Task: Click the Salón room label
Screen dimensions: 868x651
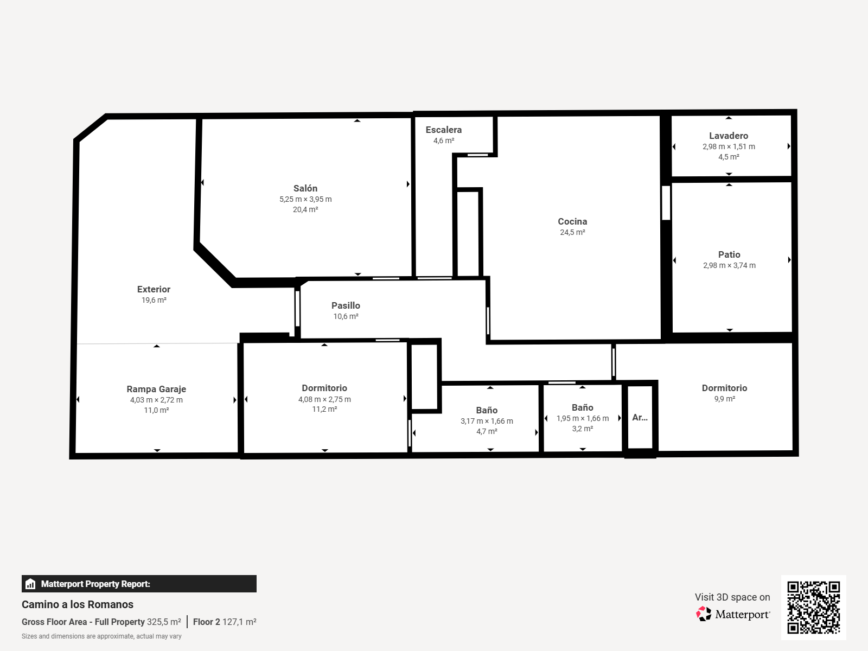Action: (305, 188)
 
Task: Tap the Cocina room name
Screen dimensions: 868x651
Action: (572, 221)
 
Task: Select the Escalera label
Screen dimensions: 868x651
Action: (444, 130)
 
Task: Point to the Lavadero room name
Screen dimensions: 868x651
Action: (729, 136)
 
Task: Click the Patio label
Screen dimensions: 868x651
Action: (729, 254)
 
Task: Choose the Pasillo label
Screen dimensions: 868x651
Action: (346, 305)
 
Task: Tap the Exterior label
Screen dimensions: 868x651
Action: (154, 289)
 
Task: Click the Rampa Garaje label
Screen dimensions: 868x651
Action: (156, 389)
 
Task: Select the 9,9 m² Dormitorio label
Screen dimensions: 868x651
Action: (724, 388)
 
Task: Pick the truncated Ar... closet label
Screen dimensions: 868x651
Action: (640, 417)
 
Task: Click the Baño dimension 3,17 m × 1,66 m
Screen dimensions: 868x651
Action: (487, 421)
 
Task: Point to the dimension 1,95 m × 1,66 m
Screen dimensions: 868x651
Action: (583, 418)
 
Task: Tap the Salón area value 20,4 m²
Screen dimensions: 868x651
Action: (305, 209)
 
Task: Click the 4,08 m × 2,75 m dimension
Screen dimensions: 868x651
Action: (324, 399)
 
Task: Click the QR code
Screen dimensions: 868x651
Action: (813, 608)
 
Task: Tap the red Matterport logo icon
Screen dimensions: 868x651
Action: (704, 614)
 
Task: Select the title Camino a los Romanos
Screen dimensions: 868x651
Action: (78, 604)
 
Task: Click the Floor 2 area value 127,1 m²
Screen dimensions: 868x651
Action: (239, 622)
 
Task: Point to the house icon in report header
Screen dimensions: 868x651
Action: (30, 584)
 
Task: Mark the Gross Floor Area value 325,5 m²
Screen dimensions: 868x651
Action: (164, 622)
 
